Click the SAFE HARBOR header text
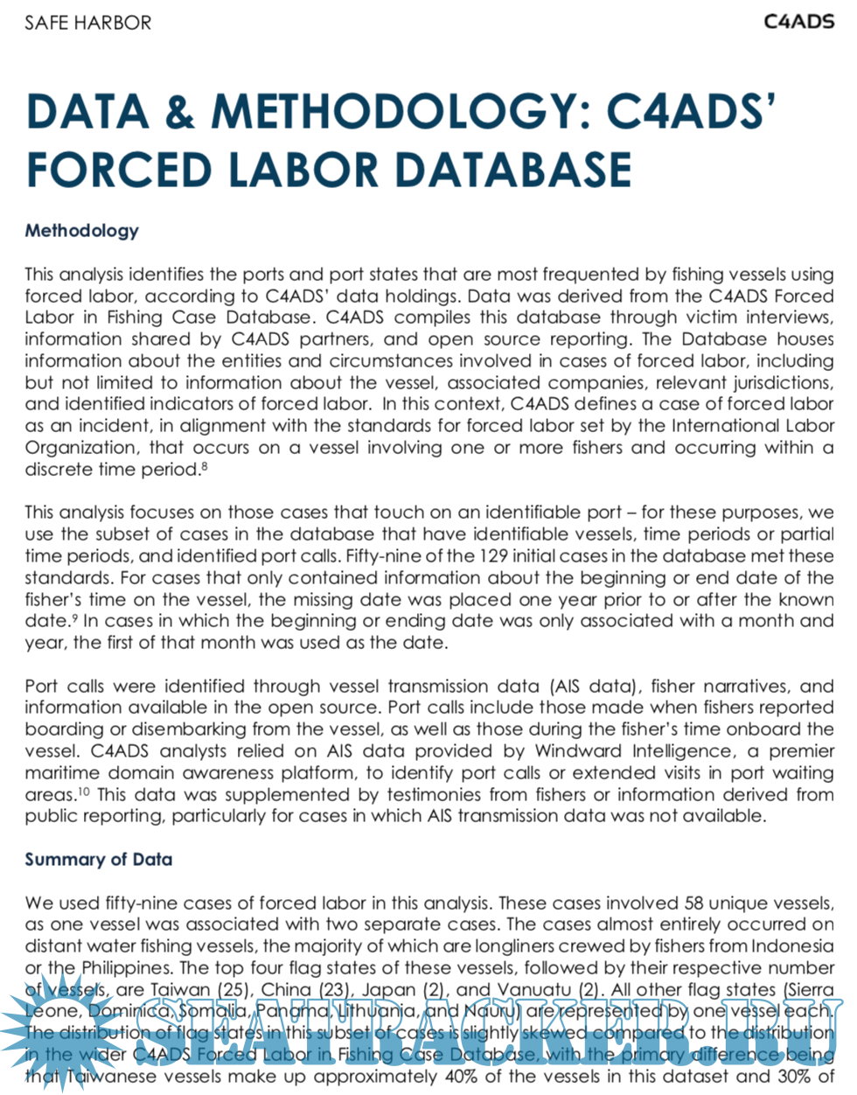[87, 23]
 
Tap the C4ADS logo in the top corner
[798, 22]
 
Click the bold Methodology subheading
[81, 231]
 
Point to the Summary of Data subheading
[98, 860]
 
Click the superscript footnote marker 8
[204, 465]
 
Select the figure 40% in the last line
[460, 1077]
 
